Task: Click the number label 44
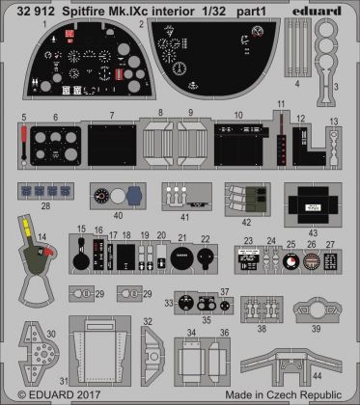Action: pos(344,374)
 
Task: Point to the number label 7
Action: pos(112,116)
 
